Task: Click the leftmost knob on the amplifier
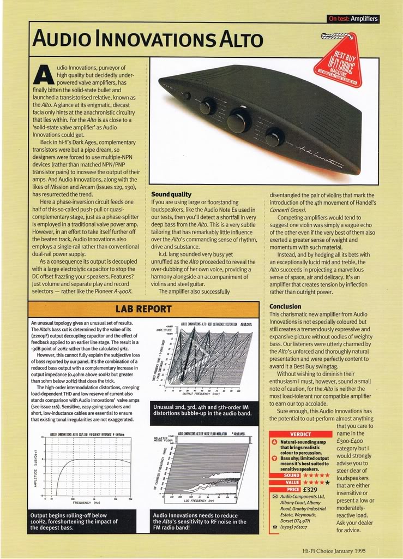[x=207, y=105]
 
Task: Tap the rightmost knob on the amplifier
[x=274, y=136]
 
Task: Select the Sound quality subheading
[x=171, y=194]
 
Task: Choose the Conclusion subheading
[x=285, y=306]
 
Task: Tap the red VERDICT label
[x=300, y=434]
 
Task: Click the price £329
[x=310, y=490]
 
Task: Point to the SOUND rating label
[x=292, y=475]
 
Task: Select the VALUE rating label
[x=292, y=482]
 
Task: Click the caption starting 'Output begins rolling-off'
[x=75, y=521]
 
